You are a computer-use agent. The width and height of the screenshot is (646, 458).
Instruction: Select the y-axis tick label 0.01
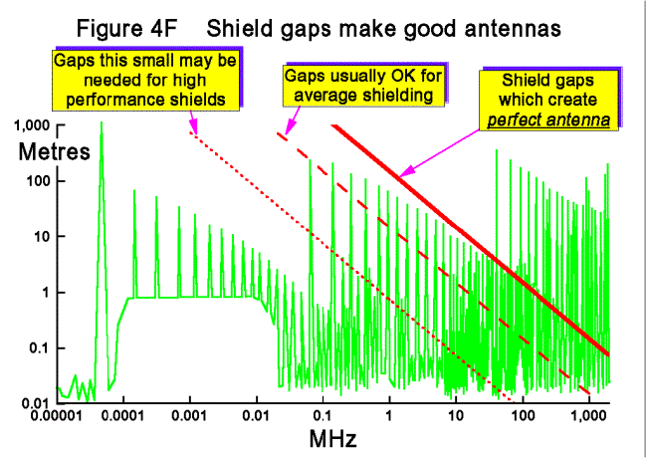point(38,401)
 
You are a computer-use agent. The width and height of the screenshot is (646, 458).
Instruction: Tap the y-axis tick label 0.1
point(42,346)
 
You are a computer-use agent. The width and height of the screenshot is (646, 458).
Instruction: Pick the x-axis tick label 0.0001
point(123,413)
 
